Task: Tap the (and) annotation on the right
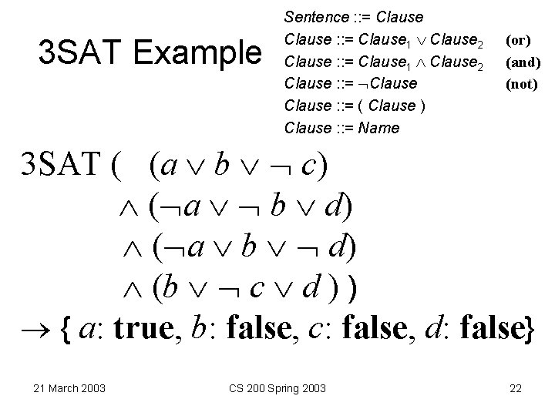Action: pyautogui.click(x=523, y=62)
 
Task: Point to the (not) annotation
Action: pyautogui.click(x=521, y=85)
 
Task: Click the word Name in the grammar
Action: pyautogui.click(x=379, y=128)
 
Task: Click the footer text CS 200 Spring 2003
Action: pyautogui.click(x=278, y=387)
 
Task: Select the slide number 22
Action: pyautogui.click(x=516, y=387)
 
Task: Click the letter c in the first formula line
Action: pyautogui.click(x=310, y=165)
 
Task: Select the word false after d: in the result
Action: pyautogui.click(x=493, y=330)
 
